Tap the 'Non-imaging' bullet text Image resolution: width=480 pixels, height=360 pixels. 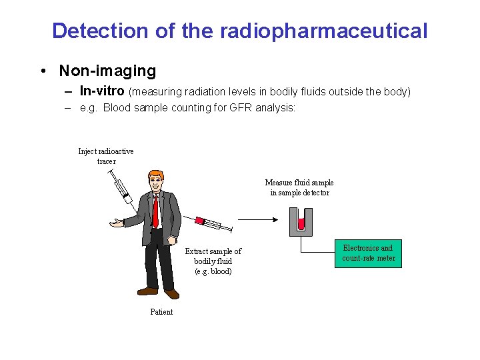coord(107,70)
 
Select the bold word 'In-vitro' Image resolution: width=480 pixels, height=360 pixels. coord(101,91)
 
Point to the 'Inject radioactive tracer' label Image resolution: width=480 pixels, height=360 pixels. coord(106,156)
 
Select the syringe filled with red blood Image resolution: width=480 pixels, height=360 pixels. coord(213,225)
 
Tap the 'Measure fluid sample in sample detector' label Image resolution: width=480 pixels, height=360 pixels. coord(299,187)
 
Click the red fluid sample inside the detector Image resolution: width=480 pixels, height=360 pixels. coord(301,223)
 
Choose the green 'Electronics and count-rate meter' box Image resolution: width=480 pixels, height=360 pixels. coord(368,253)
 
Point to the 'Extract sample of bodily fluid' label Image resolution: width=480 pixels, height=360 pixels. coord(213,261)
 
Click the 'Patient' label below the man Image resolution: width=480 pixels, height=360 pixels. coord(161,312)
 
